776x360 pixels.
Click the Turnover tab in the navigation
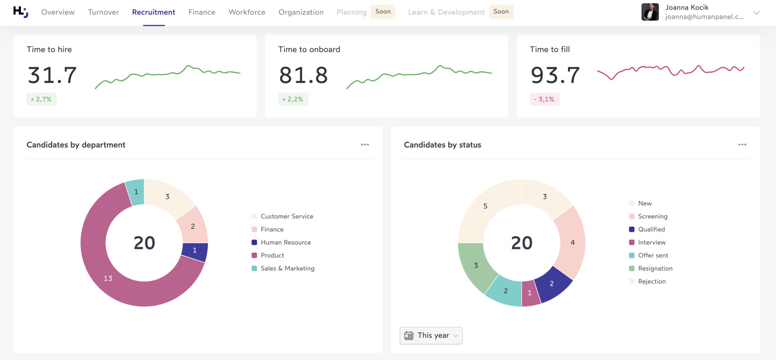click(x=103, y=12)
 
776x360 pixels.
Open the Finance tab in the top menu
click(x=202, y=12)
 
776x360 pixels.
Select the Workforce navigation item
click(x=247, y=12)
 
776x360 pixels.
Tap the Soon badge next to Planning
click(x=383, y=12)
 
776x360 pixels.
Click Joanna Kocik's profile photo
click(x=650, y=12)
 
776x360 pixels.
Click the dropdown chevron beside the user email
click(x=756, y=13)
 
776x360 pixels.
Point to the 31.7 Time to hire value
click(x=52, y=75)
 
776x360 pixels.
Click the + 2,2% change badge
click(x=293, y=99)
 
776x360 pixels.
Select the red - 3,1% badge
click(x=544, y=99)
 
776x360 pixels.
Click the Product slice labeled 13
click(x=108, y=278)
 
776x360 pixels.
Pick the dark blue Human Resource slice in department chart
click(x=195, y=250)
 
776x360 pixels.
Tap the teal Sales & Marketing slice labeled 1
click(x=136, y=192)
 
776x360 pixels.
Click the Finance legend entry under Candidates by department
click(x=272, y=229)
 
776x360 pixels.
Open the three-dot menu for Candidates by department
click(x=365, y=145)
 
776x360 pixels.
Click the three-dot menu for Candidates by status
click(x=742, y=145)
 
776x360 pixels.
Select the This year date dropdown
click(x=431, y=335)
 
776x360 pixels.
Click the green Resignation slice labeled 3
click(x=476, y=265)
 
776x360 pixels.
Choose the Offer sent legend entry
click(x=653, y=255)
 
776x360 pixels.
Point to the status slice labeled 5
click(x=485, y=206)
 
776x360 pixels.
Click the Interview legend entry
click(x=651, y=243)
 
